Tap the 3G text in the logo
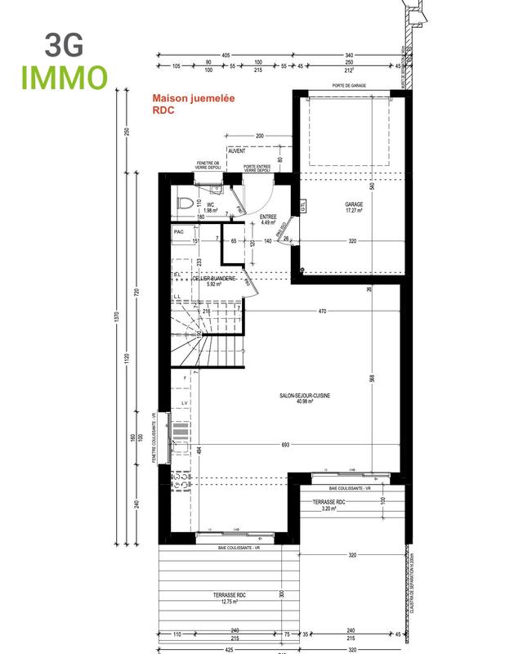click(63, 44)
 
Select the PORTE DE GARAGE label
click(349, 86)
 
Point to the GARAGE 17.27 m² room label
click(353, 208)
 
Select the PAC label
click(179, 232)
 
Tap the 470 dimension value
click(323, 311)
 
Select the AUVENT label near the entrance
click(236, 151)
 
